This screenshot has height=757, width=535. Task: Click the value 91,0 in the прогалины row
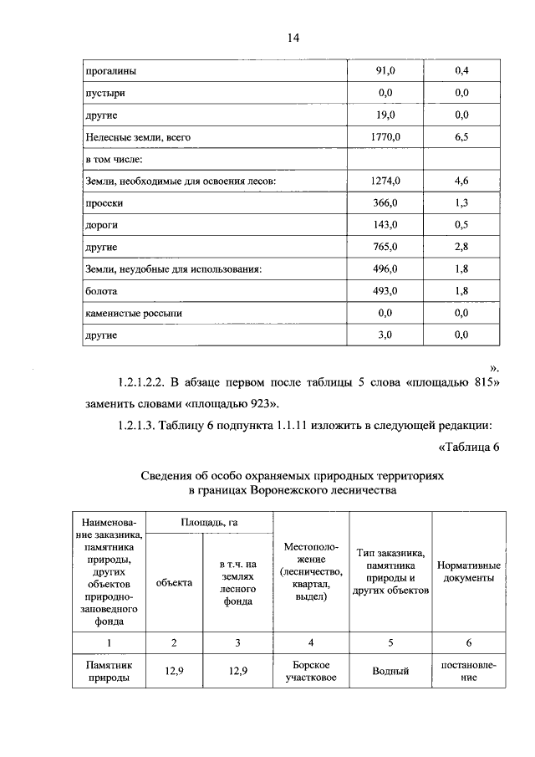tap(385, 71)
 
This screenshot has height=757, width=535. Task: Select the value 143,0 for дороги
tap(385, 225)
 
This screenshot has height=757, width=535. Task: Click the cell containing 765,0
tap(385, 247)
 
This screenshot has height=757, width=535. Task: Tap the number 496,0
tap(385, 269)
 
